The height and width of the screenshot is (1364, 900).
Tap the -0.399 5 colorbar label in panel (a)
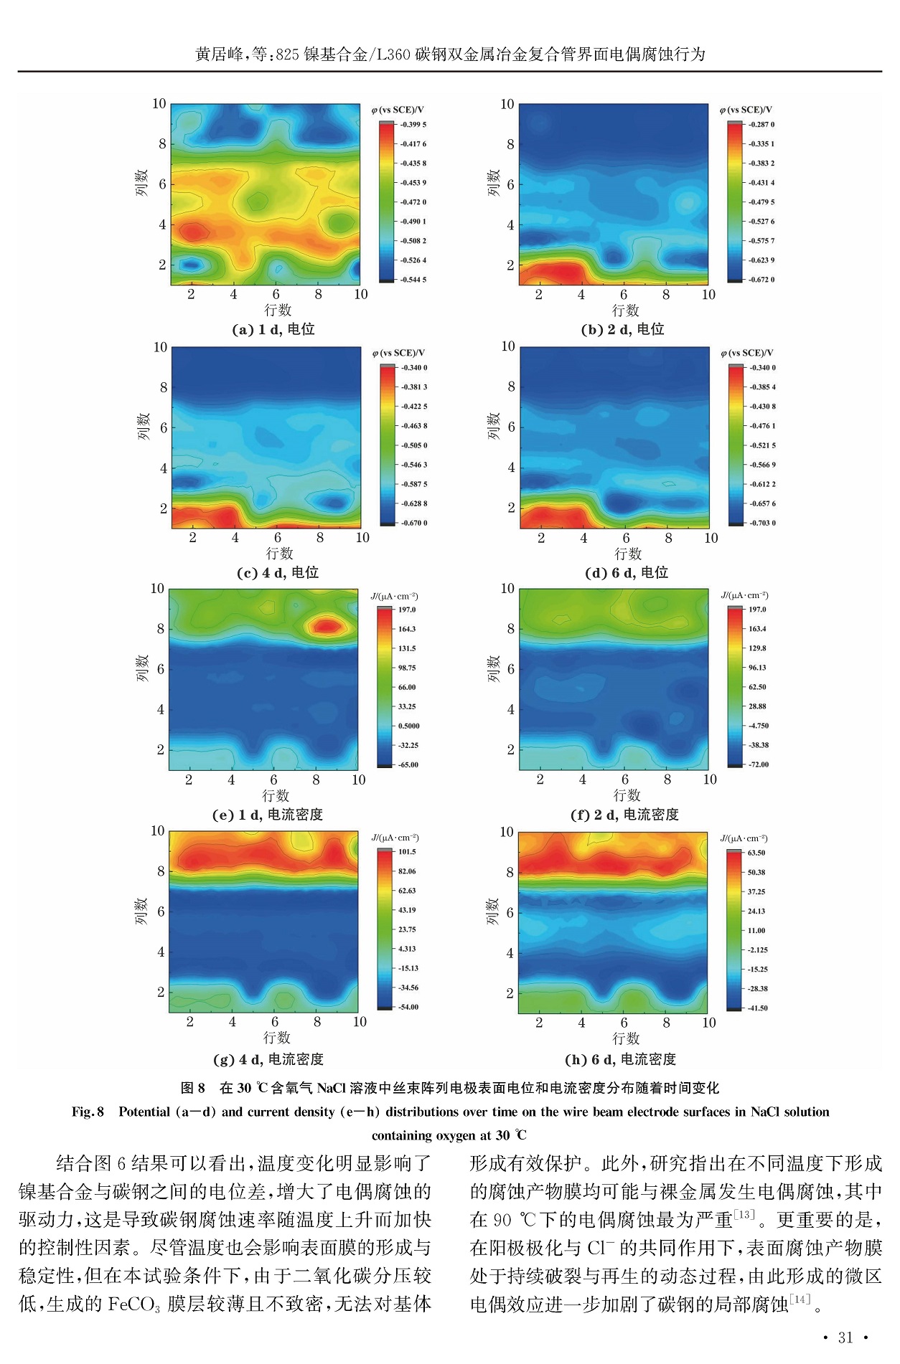(413, 125)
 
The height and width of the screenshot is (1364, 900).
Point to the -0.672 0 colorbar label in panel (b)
(761, 280)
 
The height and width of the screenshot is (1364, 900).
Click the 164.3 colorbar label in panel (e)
(407, 629)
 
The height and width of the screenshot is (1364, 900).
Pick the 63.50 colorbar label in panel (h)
(756, 853)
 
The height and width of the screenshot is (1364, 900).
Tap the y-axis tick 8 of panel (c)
(163, 387)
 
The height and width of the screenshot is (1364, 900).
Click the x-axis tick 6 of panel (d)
(626, 538)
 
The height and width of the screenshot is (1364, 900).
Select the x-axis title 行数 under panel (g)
(276, 1038)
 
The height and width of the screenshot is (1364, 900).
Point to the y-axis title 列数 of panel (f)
(493, 668)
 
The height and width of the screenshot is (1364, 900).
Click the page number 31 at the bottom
(845, 1337)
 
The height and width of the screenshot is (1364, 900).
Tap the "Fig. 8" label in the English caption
(88, 1112)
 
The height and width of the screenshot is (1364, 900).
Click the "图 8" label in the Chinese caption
(192, 1088)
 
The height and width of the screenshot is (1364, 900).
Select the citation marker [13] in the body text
(744, 1214)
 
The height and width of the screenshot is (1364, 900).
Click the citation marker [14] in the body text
(800, 1299)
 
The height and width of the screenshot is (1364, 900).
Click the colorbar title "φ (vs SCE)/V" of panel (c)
(398, 353)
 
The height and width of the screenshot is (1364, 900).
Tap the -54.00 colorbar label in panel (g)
(408, 1007)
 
